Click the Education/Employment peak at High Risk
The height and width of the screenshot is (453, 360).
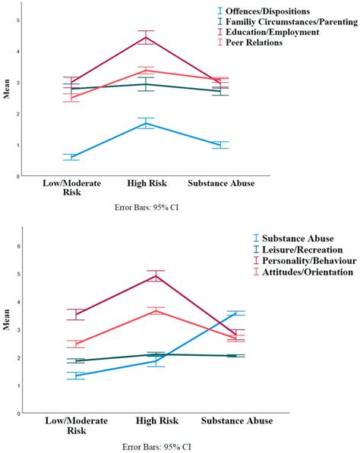(x=147, y=37)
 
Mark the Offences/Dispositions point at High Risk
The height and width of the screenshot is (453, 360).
(x=147, y=123)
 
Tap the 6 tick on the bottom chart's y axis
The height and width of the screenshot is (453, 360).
(x=30, y=246)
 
